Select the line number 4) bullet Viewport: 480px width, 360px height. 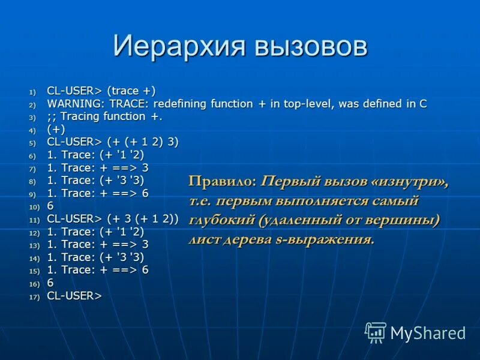pyautogui.click(x=32, y=130)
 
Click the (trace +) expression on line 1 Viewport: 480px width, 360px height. pyautogui.click(x=131, y=91)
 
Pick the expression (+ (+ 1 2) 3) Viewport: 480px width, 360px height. pyautogui.click(x=143, y=142)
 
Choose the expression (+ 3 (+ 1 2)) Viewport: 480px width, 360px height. pyautogui.click(x=143, y=218)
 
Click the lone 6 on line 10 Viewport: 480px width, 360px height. pyautogui.click(x=50, y=206)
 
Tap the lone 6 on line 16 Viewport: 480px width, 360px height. pyautogui.click(x=50, y=283)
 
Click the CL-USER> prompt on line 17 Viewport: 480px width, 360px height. pyautogui.click(x=74, y=295)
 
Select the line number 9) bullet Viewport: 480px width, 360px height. pyautogui.click(x=32, y=194)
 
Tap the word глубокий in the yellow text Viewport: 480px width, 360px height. pyautogui.click(x=222, y=220)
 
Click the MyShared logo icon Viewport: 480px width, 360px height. pyautogui.click(x=376, y=332)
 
